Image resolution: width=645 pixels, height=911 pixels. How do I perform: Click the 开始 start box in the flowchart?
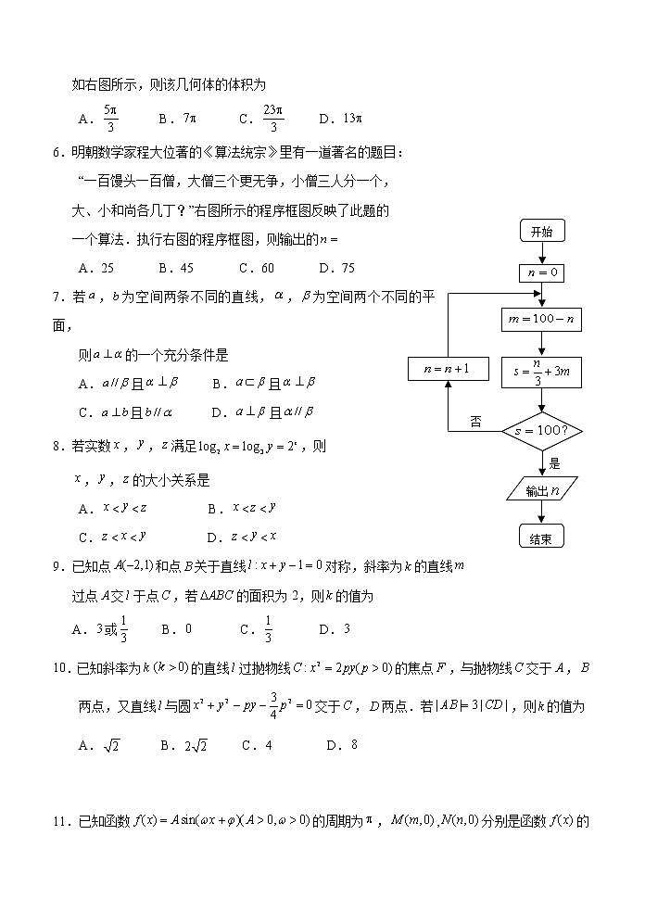(x=541, y=231)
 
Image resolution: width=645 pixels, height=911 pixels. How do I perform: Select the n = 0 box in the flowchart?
(x=541, y=272)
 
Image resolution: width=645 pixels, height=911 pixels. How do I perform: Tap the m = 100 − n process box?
(x=541, y=320)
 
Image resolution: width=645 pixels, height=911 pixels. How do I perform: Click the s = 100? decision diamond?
(x=541, y=431)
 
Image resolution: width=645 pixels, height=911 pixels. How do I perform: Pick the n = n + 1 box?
(x=447, y=369)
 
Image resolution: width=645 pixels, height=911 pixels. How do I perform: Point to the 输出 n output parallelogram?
(x=541, y=490)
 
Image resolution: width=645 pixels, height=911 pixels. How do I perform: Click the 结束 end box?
(x=541, y=537)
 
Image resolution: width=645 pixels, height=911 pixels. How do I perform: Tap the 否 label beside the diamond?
(x=475, y=422)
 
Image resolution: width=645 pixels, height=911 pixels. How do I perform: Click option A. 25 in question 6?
(x=97, y=268)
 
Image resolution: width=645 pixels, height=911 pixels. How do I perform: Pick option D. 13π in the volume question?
(x=339, y=119)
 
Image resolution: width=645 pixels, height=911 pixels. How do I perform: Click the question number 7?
(x=57, y=296)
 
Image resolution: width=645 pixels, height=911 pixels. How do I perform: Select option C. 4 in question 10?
(x=256, y=744)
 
